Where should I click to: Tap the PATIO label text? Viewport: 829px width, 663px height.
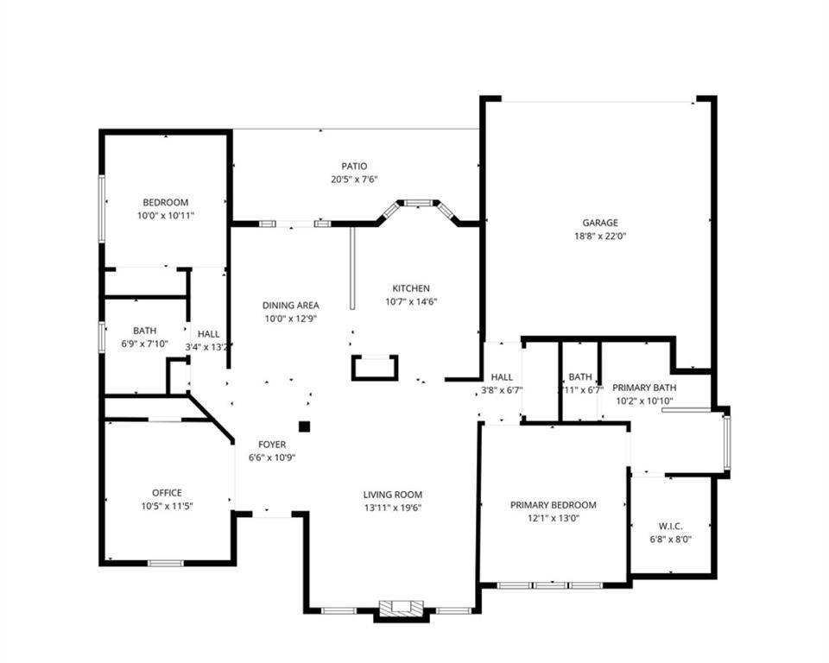point(354,167)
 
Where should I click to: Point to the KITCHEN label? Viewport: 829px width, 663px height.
point(411,288)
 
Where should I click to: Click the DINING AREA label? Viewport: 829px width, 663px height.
point(291,305)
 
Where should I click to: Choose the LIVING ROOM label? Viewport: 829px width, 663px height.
point(393,495)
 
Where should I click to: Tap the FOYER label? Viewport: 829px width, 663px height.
point(272,445)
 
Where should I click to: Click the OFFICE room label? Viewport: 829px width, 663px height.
point(167,493)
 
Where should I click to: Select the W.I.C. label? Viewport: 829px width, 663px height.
point(670,526)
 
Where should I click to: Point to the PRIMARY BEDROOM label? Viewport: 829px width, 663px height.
point(553,505)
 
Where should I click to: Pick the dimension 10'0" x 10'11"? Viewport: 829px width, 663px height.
point(165,215)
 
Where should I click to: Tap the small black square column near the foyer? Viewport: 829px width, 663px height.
point(304,426)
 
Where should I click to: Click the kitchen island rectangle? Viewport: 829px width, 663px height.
point(375,368)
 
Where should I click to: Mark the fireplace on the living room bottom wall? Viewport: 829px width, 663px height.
point(402,609)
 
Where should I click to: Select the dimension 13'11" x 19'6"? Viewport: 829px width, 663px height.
point(393,508)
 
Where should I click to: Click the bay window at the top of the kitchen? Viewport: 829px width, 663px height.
point(419,205)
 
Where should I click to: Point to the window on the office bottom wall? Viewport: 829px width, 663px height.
point(165,563)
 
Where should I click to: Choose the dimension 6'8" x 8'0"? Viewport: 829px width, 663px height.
point(670,539)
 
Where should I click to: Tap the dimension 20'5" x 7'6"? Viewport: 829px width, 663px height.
point(354,180)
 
